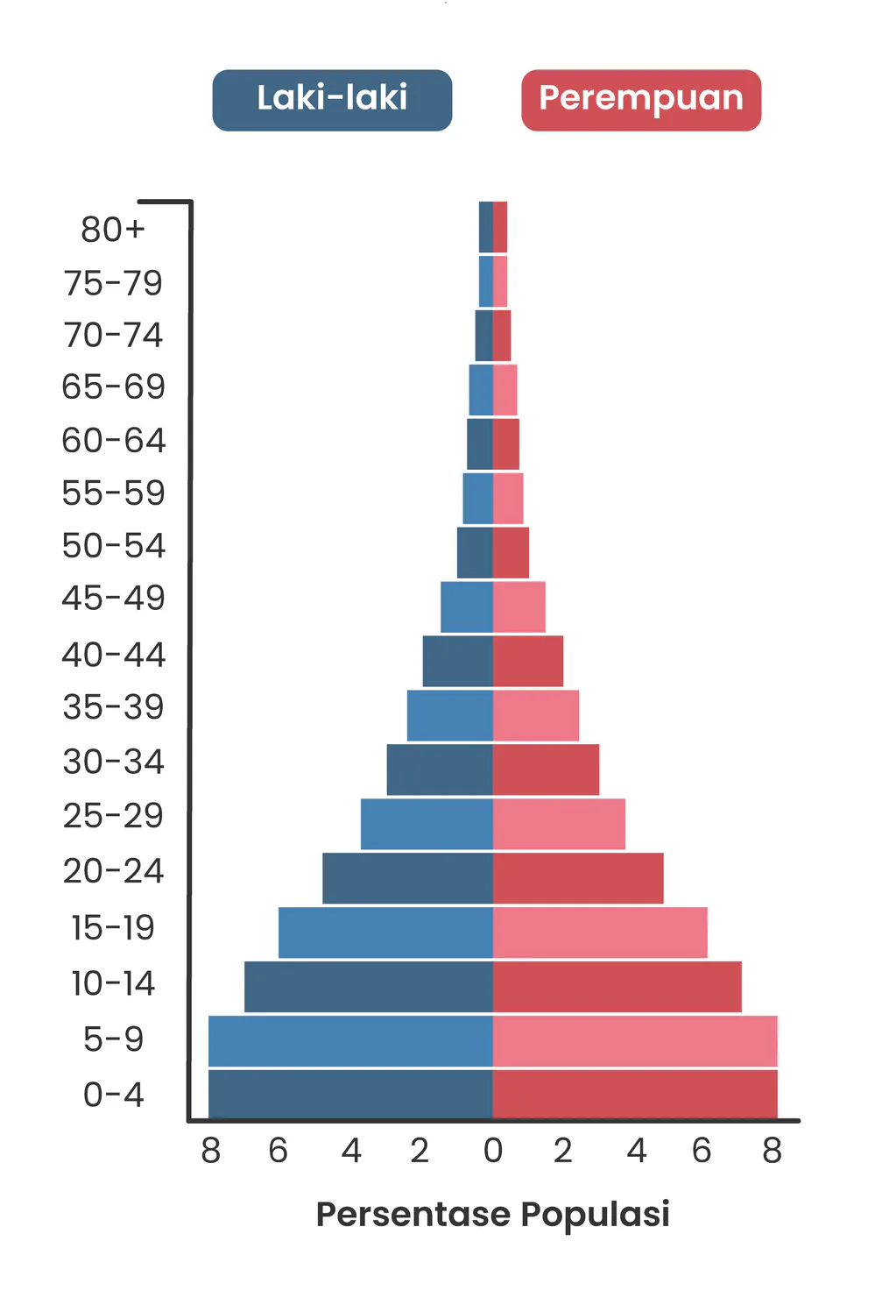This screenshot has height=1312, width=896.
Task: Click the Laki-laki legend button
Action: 332,100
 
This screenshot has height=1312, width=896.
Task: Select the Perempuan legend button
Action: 641,100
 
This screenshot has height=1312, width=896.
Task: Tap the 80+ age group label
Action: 112,230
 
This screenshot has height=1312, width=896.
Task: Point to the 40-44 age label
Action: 113,655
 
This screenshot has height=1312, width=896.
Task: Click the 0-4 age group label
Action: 113,1095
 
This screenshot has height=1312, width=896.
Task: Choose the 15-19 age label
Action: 113,927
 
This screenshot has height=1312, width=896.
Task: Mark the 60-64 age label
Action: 113,440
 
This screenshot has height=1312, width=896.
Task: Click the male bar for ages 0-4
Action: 350,1095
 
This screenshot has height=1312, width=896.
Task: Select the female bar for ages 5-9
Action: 635,1040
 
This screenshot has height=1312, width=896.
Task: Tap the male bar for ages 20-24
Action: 407,878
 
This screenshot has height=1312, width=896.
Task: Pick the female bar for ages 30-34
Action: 546,769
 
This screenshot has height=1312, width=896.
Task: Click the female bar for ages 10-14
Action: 617,986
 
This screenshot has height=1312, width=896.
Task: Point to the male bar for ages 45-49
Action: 466,606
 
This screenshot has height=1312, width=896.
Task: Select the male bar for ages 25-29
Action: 427,824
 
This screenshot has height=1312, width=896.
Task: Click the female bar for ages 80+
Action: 500,227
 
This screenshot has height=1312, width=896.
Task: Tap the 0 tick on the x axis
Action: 493,1151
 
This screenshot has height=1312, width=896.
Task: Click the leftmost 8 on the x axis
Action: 210,1151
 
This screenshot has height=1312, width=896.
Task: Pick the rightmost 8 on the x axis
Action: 772,1151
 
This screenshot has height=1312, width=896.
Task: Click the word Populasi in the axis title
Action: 595,1216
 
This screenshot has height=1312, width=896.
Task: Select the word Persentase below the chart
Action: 413,1216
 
